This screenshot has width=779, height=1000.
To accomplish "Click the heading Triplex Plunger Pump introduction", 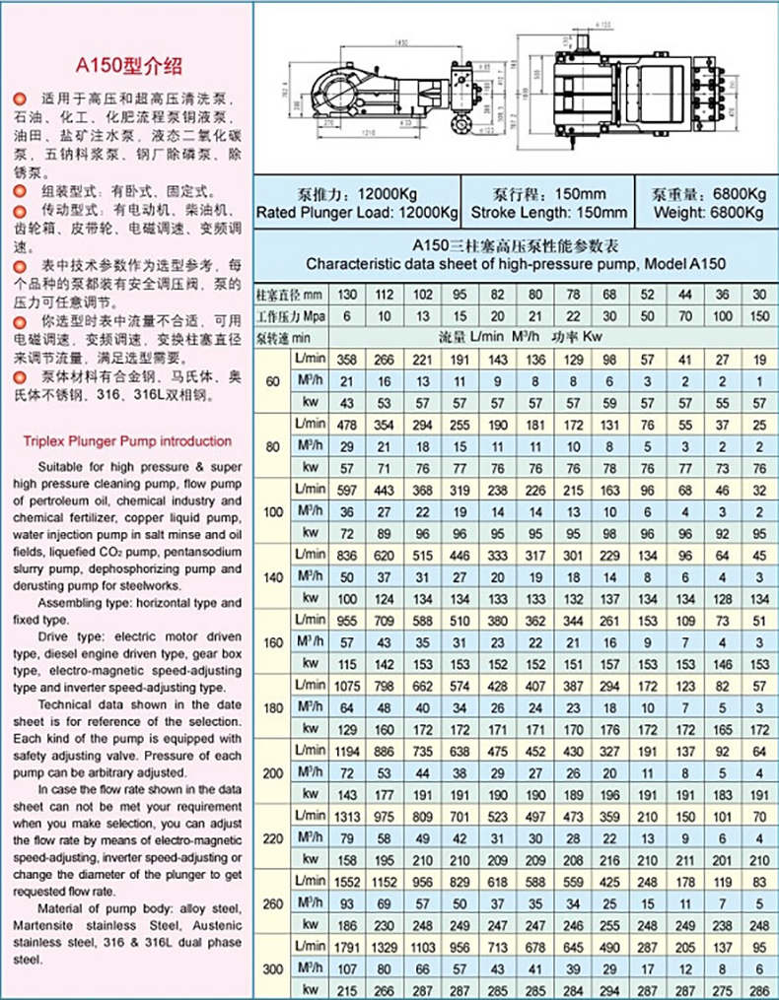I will [x=126, y=441].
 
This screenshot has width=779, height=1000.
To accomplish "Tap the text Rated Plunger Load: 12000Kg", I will [x=358, y=212].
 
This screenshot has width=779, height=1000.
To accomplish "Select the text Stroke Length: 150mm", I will [x=548, y=212].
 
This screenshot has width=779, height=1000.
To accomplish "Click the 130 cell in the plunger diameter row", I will [x=346, y=295].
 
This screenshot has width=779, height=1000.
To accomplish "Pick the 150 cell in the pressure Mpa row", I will [x=758, y=317].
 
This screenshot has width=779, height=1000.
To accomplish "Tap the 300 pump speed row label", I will [x=272, y=969].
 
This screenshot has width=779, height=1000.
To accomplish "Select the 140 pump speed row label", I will [x=272, y=575].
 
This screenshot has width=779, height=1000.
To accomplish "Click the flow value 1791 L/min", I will [x=346, y=948].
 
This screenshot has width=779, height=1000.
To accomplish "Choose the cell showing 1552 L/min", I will [x=346, y=880].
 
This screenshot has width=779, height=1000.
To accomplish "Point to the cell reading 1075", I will [x=346, y=685].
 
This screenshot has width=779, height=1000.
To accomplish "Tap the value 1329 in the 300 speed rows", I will [x=385, y=948].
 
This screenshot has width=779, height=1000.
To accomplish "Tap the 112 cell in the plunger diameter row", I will [x=385, y=295].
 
